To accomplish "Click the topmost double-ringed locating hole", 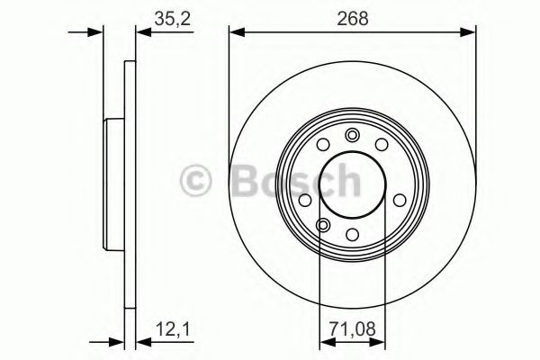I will [x=353, y=136].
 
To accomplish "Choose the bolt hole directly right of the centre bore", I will [x=396, y=200].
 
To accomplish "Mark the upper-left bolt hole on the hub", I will [x=323, y=147].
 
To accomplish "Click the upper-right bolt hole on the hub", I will [x=382, y=147].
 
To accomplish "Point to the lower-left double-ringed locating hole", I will [x=323, y=225].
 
